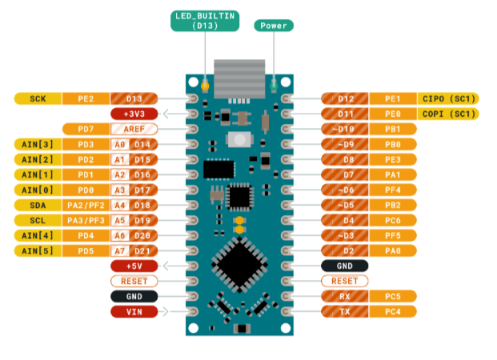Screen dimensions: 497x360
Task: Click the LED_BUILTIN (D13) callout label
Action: (x=205, y=21)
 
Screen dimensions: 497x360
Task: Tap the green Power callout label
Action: (x=274, y=26)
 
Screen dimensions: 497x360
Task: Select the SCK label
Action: (x=38, y=98)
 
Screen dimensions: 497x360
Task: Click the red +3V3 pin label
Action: (x=134, y=114)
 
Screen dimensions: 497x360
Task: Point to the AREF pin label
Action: (x=134, y=129)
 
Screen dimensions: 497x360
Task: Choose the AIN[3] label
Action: (x=38, y=144)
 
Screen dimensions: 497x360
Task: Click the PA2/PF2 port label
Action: (x=86, y=206)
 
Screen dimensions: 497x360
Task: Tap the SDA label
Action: (x=38, y=206)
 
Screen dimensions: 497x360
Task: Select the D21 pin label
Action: (x=142, y=251)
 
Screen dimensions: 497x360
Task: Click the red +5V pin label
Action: (x=134, y=266)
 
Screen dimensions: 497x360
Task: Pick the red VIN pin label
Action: (x=134, y=312)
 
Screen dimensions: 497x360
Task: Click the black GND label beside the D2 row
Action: (x=345, y=266)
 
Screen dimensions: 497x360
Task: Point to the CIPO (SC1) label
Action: (x=448, y=98)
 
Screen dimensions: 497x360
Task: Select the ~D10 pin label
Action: (x=345, y=129)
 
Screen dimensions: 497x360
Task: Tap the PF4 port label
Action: (x=393, y=190)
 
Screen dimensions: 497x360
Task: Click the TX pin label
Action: (x=345, y=311)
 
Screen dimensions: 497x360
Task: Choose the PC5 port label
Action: (x=393, y=296)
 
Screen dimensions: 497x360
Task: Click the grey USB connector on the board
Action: (x=239, y=79)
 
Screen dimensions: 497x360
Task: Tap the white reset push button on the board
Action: (x=239, y=139)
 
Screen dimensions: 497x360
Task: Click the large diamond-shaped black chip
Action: (x=239, y=265)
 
